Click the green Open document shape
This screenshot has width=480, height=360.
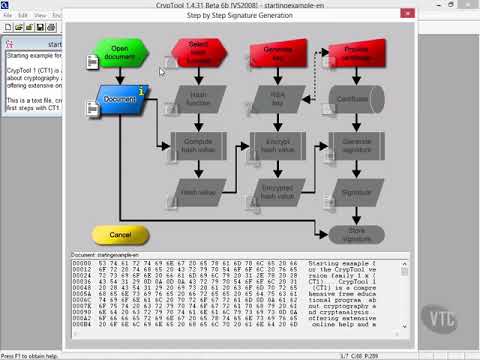120,53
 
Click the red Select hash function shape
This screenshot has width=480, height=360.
199,53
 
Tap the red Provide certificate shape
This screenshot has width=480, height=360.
357,53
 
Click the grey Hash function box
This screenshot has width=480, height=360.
199,99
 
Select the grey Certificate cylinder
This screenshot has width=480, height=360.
357,99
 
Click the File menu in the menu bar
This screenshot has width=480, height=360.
8,16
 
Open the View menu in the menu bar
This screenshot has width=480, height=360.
40,16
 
